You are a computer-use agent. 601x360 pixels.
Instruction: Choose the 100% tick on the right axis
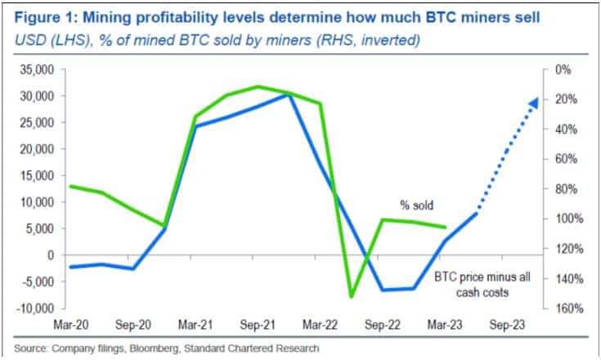(567, 219)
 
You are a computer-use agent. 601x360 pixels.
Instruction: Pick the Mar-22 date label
(322, 324)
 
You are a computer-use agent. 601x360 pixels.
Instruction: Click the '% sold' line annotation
(416, 205)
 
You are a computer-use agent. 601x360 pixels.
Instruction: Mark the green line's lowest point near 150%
(352, 296)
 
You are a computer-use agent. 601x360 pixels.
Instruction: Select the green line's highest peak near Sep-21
(258, 86)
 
